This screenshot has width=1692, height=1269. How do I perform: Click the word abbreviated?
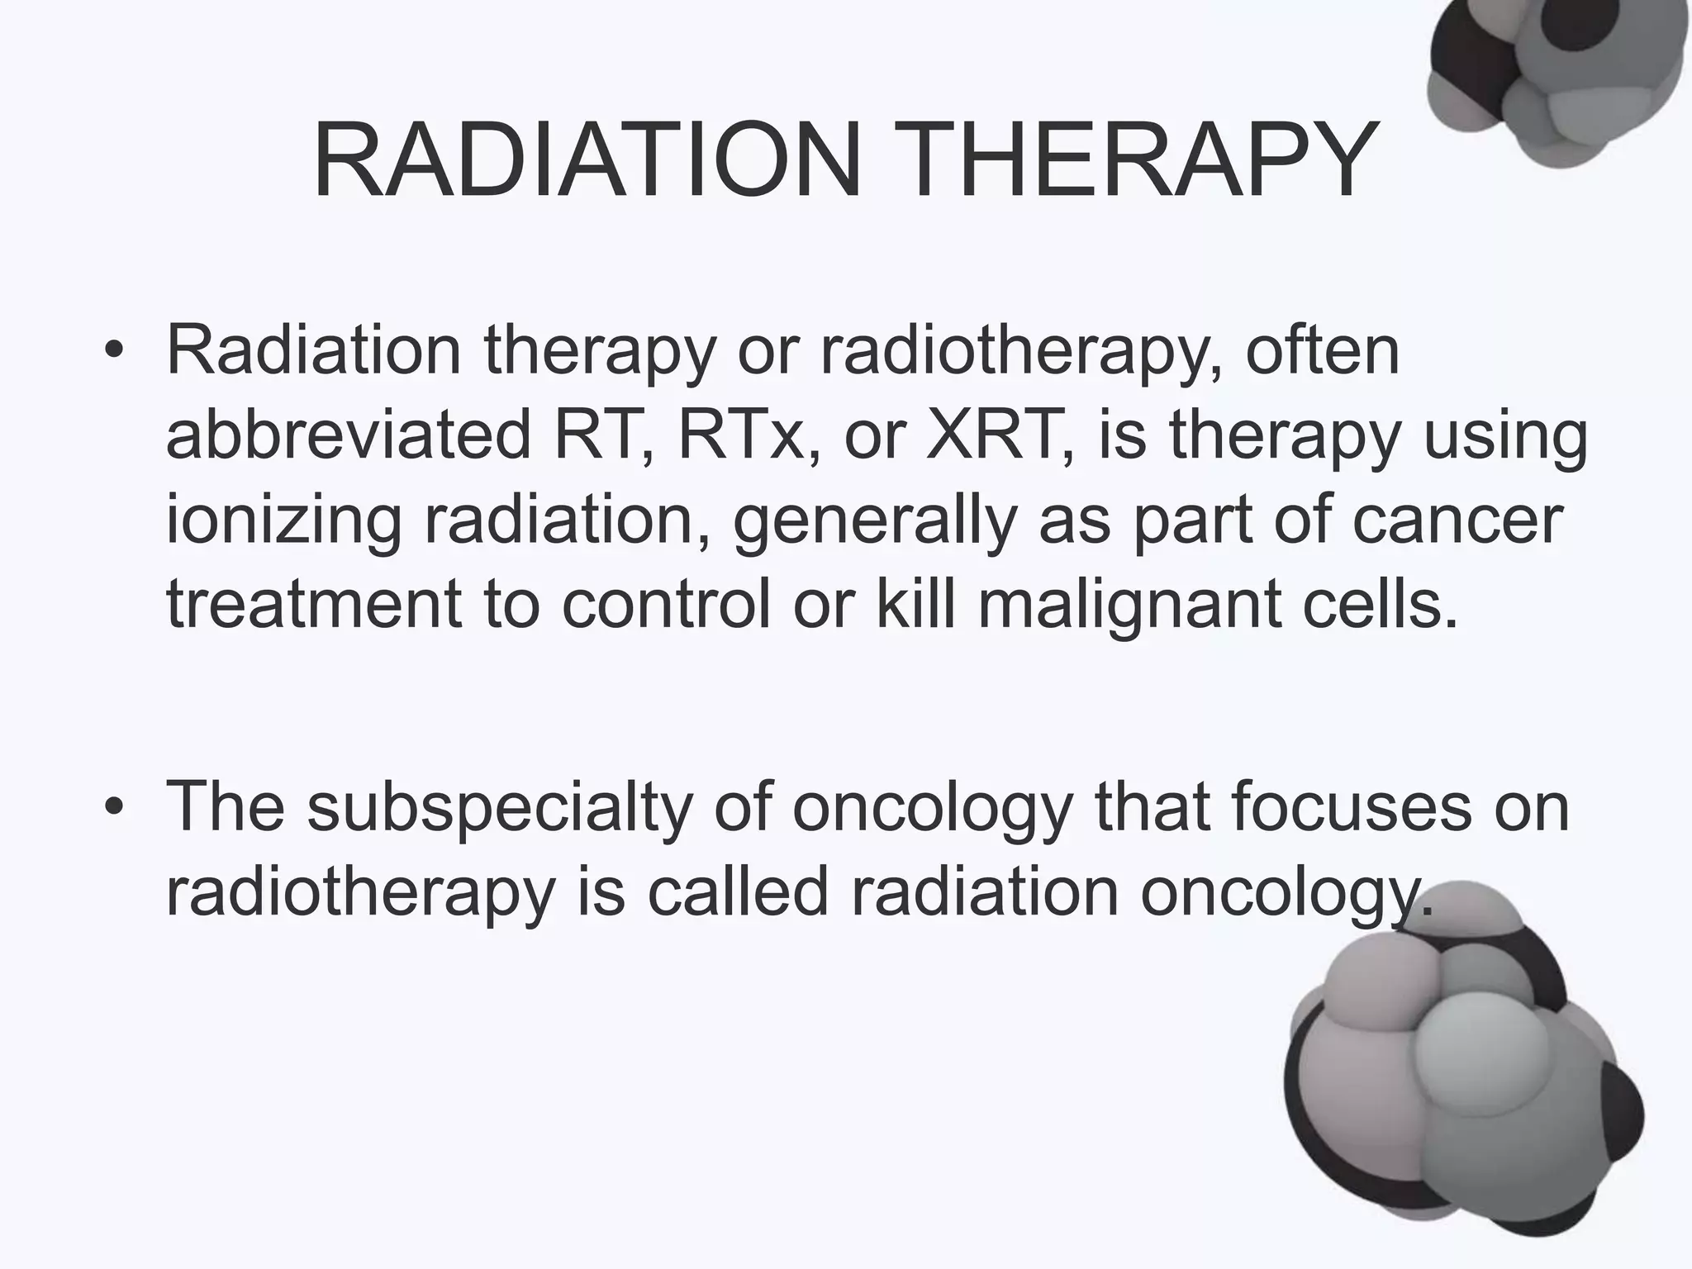pyautogui.click(x=348, y=436)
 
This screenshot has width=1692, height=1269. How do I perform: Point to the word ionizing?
pyautogui.click(x=283, y=522)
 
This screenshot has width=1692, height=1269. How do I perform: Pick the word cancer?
pyautogui.click(x=1457, y=520)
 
